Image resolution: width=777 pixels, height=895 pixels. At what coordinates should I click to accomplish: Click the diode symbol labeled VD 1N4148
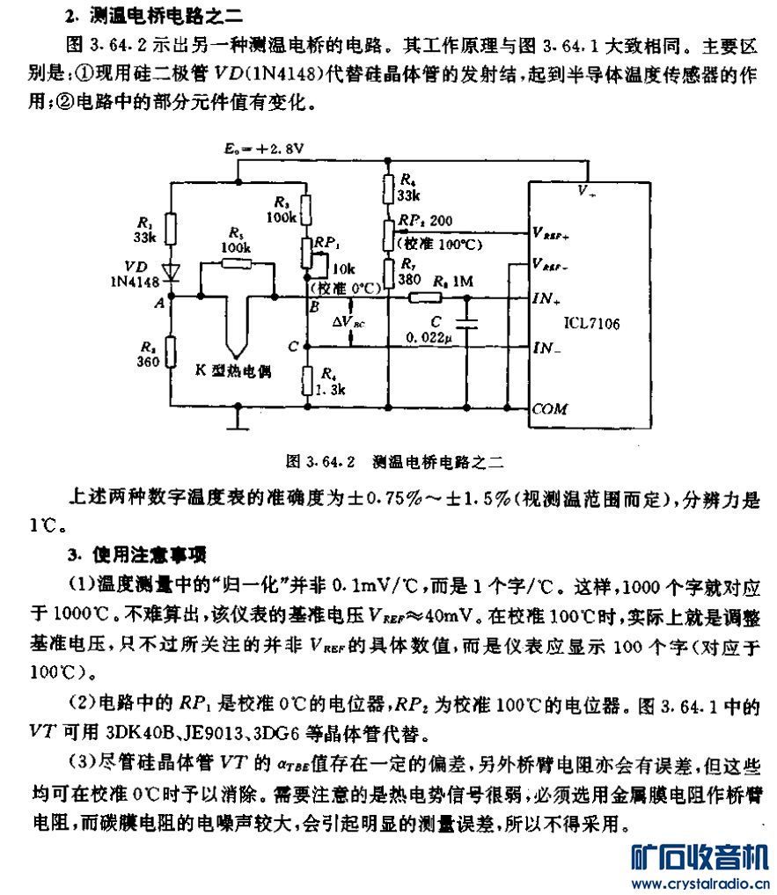(x=172, y=272)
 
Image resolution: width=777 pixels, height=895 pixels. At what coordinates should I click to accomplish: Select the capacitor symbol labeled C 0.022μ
(x=466, y=323)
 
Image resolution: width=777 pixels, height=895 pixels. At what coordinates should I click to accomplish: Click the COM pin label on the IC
(x=551, y=408)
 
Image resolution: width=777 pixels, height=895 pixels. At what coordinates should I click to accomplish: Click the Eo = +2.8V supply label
(x=264, y=150)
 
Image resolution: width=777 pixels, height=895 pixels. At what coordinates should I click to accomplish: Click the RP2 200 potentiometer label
(x=427, y=220)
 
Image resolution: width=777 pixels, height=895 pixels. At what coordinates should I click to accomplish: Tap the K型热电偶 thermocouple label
(x=232, y=370)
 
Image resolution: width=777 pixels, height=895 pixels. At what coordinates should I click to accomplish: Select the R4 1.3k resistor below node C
(x=305, y=380)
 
